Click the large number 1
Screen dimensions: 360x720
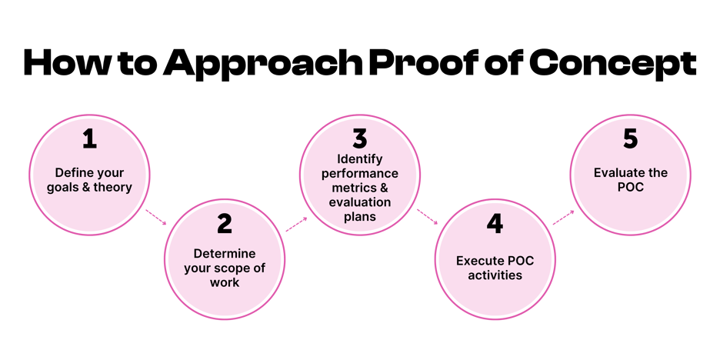[x=89, y=139]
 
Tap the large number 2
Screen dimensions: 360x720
[x=224, y=224]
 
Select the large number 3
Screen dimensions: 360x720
[x=359, y=139]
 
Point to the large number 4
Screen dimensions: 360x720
[x=495, y=224]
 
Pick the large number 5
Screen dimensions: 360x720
[x=630, y=139]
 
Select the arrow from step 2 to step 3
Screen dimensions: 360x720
[x=296, y=224]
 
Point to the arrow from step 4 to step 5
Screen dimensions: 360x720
[x=563, y=218]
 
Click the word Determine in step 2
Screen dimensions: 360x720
[x=224, y=253]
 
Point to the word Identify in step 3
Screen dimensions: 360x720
[x=359, y=160]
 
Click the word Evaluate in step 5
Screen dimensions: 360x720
[x=618, y=173]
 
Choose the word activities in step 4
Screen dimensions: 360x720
[x=495, y=275]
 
